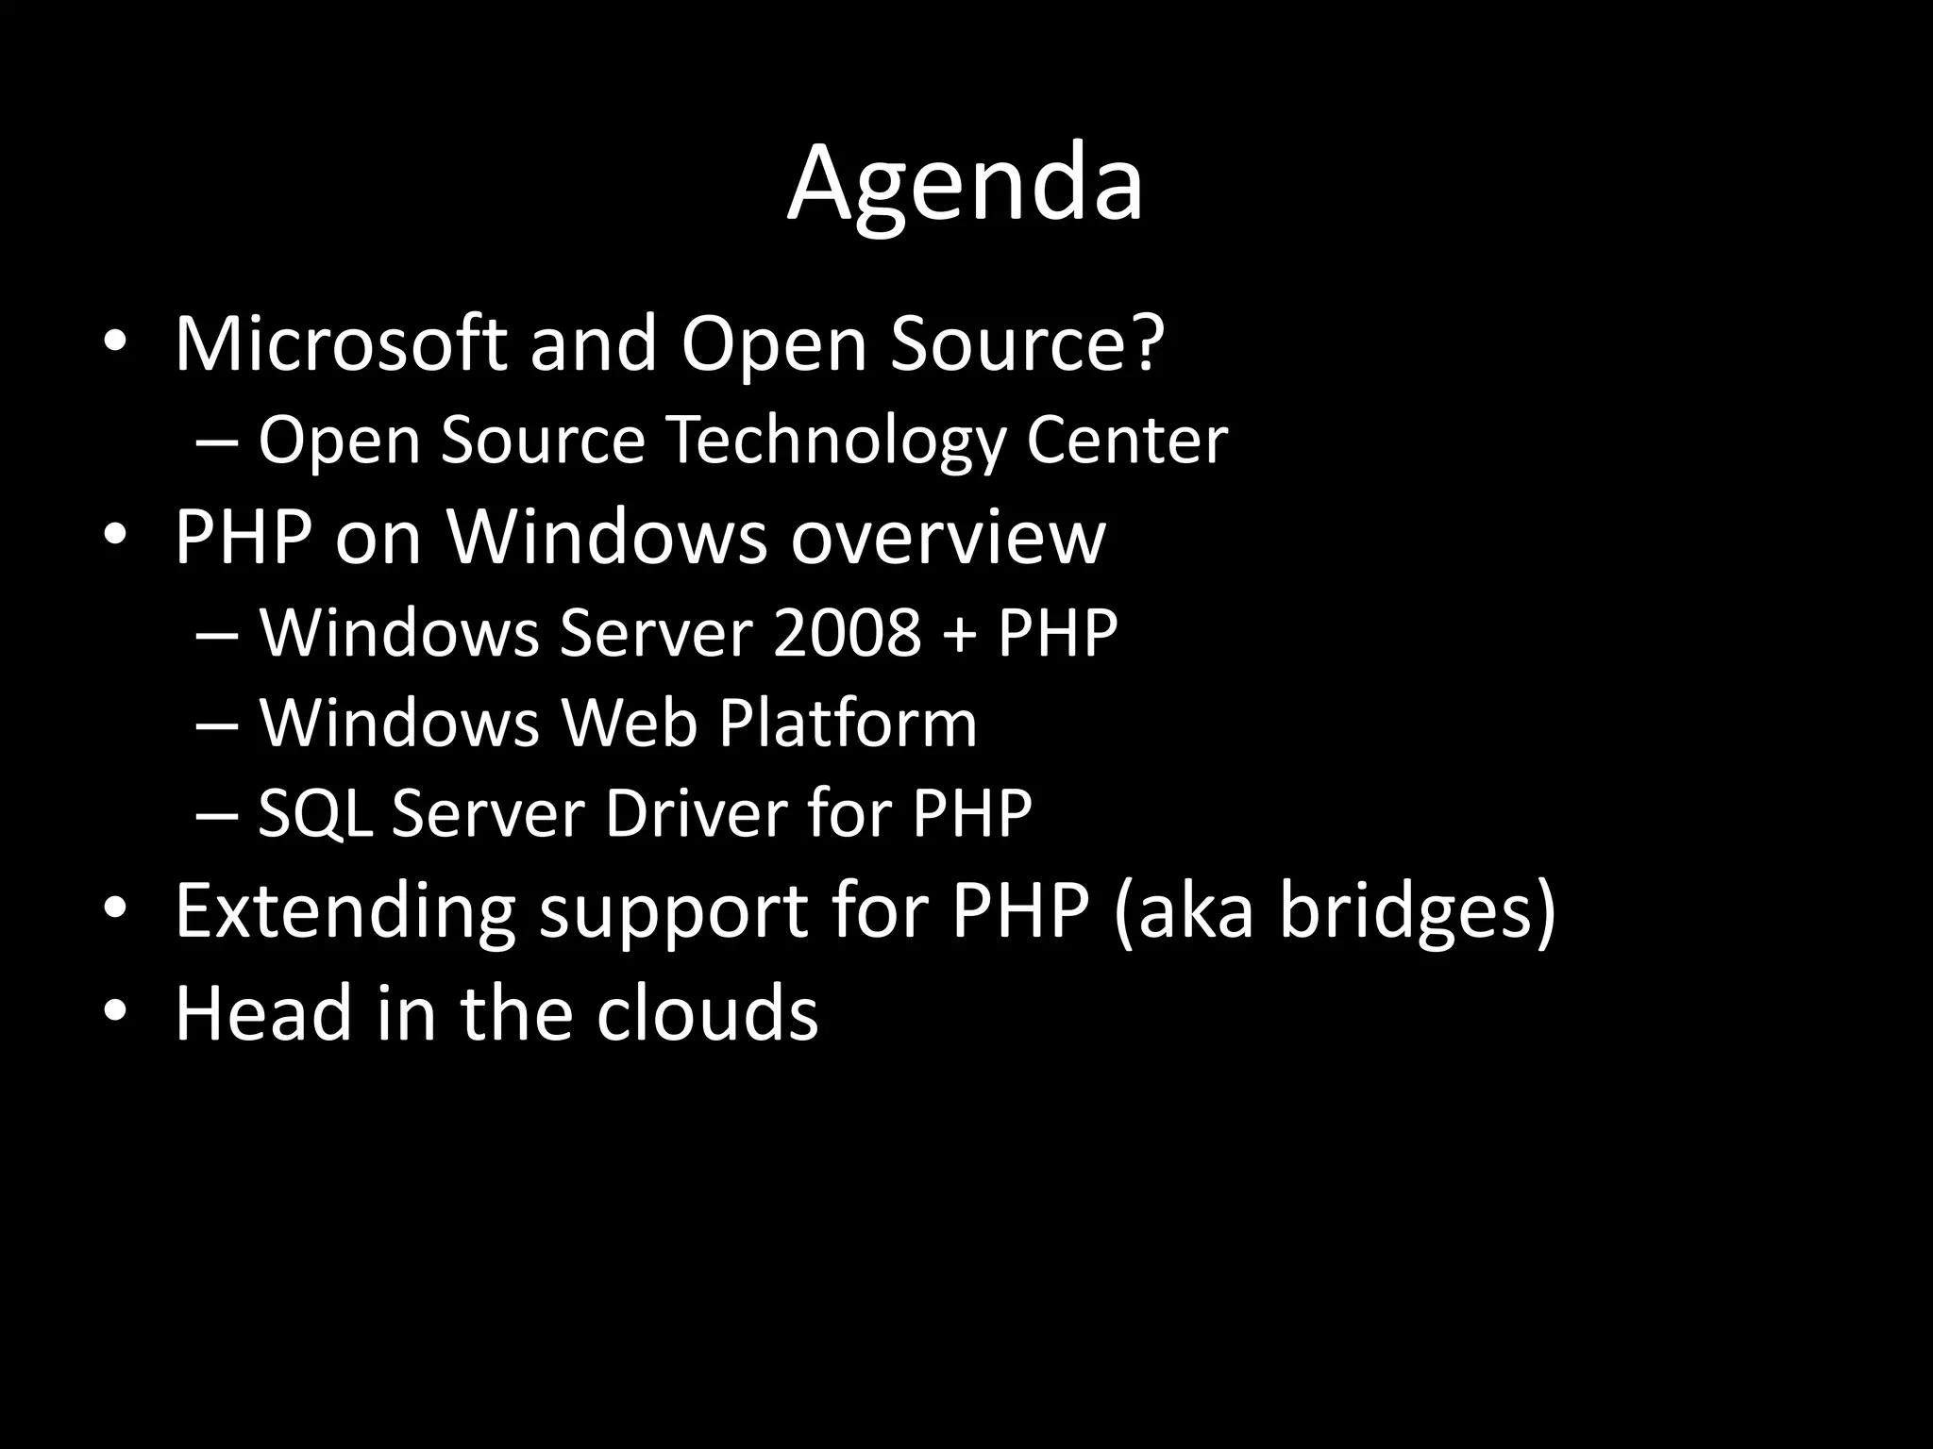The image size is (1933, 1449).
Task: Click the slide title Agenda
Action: [965, 184]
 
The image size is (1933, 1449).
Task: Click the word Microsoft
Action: [341, 343]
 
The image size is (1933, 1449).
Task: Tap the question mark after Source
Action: [1146, 343]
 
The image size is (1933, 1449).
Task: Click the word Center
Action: [1127, 441]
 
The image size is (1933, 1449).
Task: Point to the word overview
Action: [948, 537]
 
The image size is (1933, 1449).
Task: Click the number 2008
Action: [846, 632]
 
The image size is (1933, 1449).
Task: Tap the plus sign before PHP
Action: [959, 634]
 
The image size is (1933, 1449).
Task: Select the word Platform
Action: [847, 724]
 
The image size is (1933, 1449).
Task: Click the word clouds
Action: [707, 1012]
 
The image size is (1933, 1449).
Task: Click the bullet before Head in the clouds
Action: [115, 1012]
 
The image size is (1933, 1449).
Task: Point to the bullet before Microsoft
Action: [115, 343]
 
